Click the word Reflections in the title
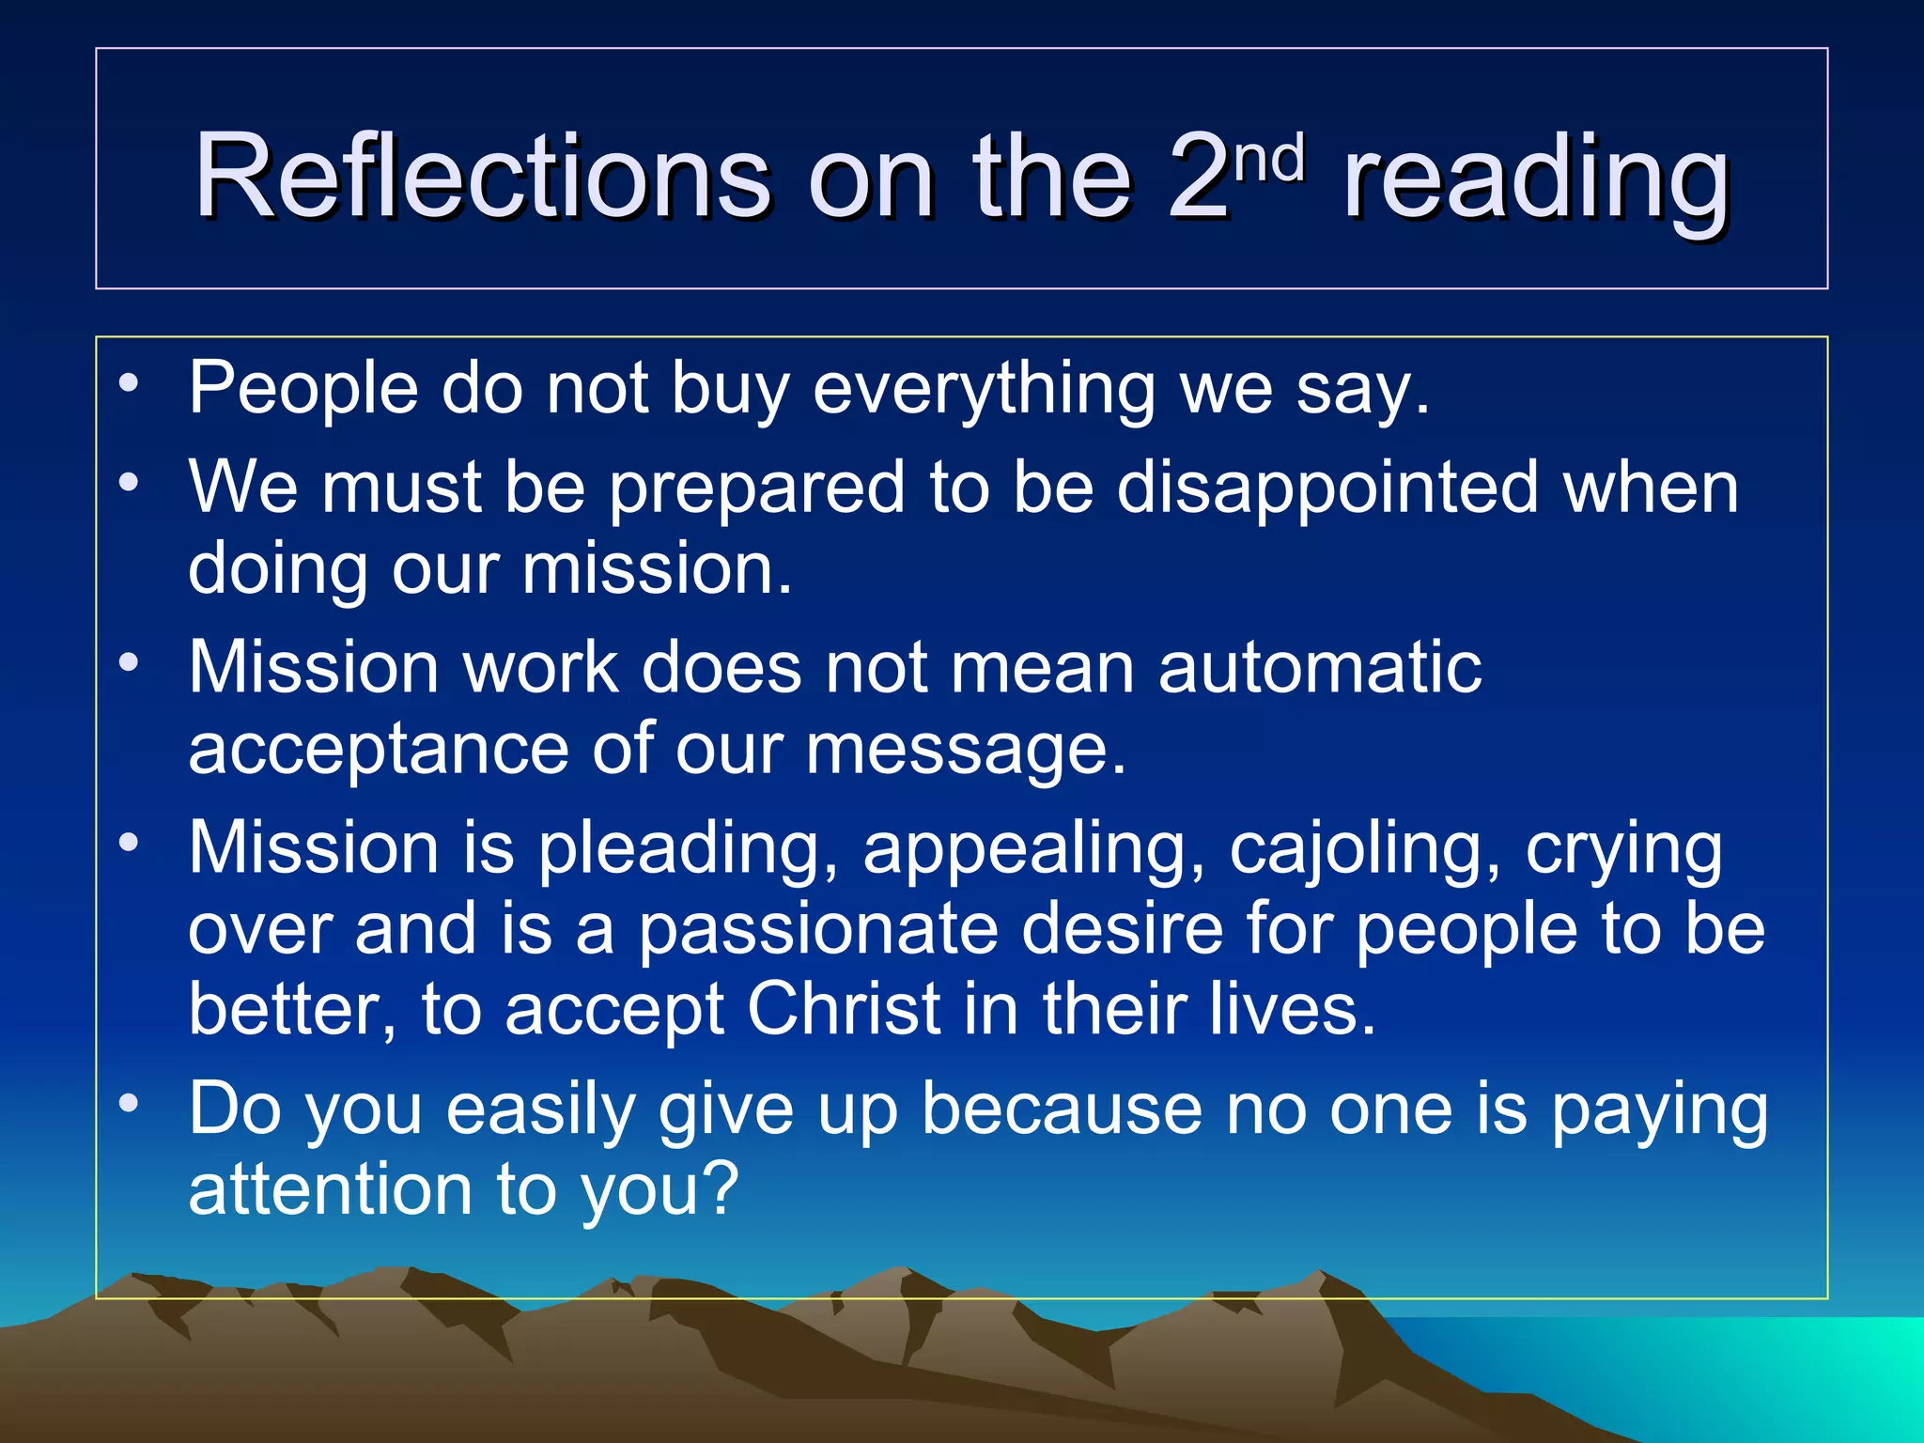click(x=481, y=176)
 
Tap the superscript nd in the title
click(x=1270, y=158)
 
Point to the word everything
click(x=983, y=388)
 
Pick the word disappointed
click(x=1327, y=489)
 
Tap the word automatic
click(x=1319, y=667)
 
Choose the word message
click(x=966, y=750)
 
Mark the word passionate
click(x=817, y=929)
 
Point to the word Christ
click(x=844, y=1009)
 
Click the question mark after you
click(x=721, y=1189)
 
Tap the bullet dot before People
click(x=129, y=382)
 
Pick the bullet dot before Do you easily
click(x=129, y=1103)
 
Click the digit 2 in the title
click(x=1199, y=176)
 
